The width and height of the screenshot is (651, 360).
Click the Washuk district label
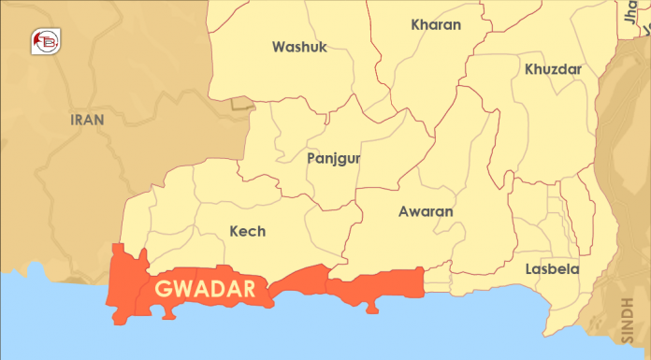click(x=299, y=47)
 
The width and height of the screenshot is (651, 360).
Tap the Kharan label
click(x=436, y=25)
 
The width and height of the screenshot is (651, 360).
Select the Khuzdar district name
click(x=554, y=69)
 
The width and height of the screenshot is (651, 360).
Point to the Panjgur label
click(x=334, y=159)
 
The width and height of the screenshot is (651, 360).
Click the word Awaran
click(x=426, y=212)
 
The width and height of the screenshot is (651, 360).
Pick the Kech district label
click(x=247, y=231)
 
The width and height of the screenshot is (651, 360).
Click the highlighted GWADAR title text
click(x=205, y=289)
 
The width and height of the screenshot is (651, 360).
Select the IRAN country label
click(x=87, y=120)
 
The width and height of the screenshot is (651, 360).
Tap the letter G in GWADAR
click(x=164, y=289)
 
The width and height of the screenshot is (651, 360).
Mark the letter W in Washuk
click(x=279, y=47)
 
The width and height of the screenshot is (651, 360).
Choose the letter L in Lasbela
click(x=528, y=269)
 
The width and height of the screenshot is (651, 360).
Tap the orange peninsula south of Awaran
click(x=372, y=306)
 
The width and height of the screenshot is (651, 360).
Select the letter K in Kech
click(x=234, y=231)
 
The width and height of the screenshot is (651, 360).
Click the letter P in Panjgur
click(x=311, y=159)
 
